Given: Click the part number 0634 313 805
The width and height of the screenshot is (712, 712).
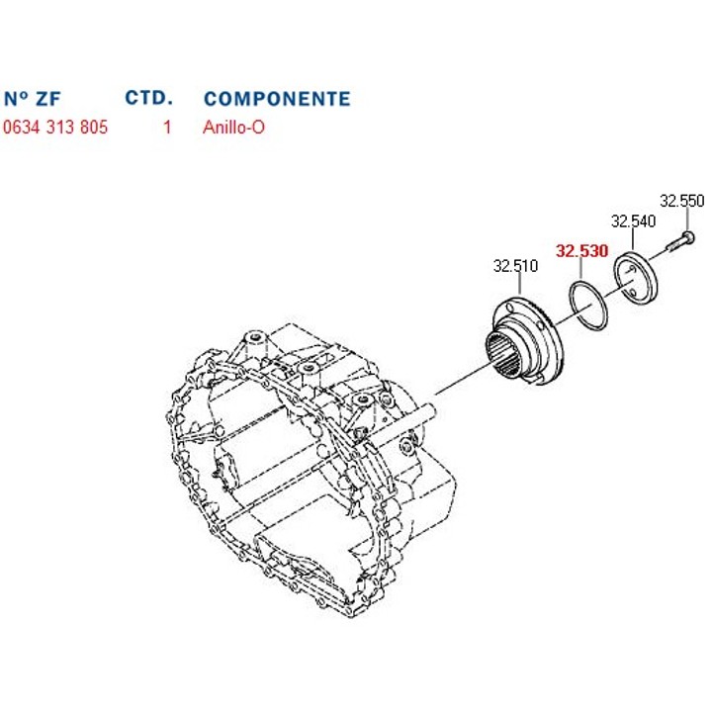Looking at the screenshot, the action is [55, 128].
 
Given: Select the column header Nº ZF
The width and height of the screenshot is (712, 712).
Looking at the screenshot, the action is [33, 99].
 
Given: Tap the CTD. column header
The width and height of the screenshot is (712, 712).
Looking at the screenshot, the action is [149, 98].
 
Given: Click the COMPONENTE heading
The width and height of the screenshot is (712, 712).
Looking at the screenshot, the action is [277, 99].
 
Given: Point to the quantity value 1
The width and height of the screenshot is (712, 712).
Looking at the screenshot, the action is [167, 128].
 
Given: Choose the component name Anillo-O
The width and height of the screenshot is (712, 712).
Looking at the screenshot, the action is [233, 128].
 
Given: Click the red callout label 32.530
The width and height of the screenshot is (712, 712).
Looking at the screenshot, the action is [582, 250].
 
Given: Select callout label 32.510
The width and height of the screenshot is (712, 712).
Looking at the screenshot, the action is [515, 266].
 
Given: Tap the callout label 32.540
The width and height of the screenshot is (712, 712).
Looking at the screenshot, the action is [633, 222].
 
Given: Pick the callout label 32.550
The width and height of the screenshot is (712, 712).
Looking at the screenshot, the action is [681, 201].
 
